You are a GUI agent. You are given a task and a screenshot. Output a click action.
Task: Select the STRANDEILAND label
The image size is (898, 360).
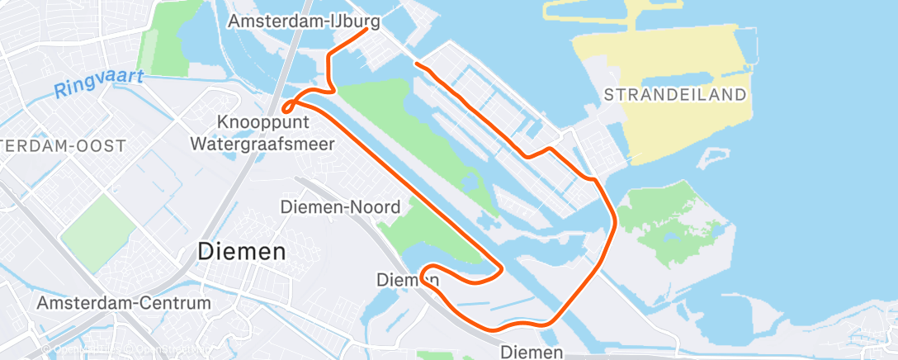click(674, 95)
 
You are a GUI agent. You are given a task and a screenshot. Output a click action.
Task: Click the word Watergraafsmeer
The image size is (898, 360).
click(262, 144)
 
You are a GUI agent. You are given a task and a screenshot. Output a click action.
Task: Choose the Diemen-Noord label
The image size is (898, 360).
click(340, 206)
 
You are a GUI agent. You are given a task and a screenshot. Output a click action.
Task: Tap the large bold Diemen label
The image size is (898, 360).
click(242, 251)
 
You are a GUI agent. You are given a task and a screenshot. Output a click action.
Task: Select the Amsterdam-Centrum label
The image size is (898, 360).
click(124, 303)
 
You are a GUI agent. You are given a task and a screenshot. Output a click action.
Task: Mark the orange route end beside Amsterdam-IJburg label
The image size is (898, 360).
click(367, 29)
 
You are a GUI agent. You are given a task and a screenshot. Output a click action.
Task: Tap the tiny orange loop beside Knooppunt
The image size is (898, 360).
click(288, 107)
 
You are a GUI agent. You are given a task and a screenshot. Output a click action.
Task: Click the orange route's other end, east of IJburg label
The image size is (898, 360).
click(417, 64)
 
